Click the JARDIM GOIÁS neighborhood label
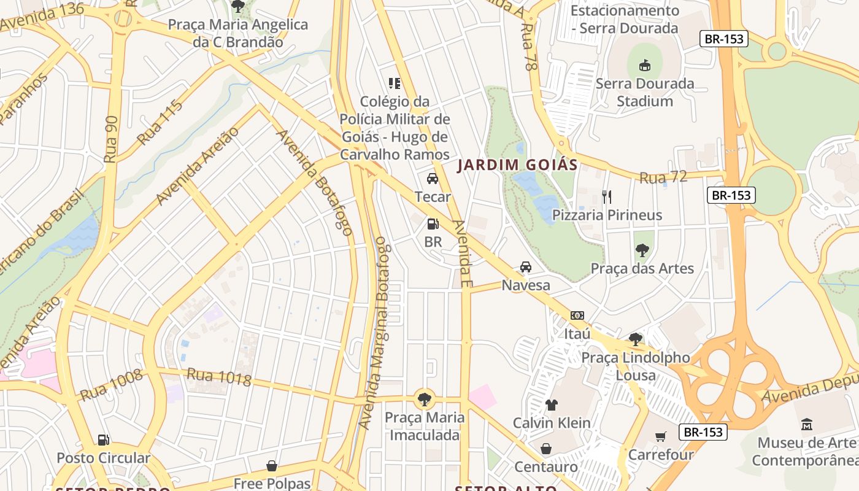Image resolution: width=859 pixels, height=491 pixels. point(517,165)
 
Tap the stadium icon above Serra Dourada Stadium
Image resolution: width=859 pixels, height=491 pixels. point(645,64)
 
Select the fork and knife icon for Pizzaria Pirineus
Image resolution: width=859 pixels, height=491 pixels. point(607,196)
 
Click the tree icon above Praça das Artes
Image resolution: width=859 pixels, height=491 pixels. point(642,250)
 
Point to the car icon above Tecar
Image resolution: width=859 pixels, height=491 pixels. point(433,179)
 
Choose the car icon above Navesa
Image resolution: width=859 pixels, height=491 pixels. point(526,267)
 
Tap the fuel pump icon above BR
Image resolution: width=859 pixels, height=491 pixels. point(433,224)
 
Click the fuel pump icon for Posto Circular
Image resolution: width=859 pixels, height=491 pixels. point(104,439)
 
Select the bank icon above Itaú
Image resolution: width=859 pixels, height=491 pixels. point(577,315)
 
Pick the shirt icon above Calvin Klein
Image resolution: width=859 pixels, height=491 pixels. point(551,404)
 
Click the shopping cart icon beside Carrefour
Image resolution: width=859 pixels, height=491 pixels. point(660,436)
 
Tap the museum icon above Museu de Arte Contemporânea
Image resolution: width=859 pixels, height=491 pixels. point(806,424)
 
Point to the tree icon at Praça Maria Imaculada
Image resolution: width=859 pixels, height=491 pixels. point(424,400)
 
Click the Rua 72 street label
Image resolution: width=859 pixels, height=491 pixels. point(663,177)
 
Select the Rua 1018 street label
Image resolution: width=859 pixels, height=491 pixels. point(219,377)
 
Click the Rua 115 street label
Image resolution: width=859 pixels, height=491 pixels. point(160,122)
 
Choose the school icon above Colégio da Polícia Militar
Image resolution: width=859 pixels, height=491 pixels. point(394,83)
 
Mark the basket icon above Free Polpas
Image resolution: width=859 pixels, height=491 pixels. point(272,466)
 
